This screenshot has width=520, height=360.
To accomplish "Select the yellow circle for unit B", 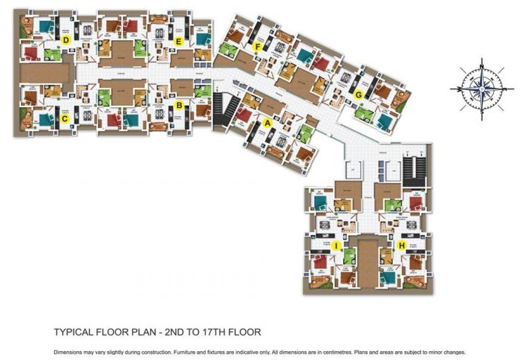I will pyautogui.click(x=179, y=106).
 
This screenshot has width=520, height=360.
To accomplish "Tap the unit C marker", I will pyautogui.click(x=65, y=118).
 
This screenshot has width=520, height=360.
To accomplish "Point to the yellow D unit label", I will pyautogui.click(x=65, y=39).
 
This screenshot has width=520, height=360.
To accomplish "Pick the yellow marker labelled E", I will pyautogui.click(x=179, y=42).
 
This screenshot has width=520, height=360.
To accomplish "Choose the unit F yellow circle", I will pyautogui.click(x=257, y=47).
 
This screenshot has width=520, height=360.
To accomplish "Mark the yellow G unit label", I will pyautogui.click(x=358, y=94).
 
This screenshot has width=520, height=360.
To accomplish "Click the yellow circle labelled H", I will pyautogui.click(x=402, y=245).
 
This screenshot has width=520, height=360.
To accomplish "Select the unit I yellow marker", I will pyautogui.click(x=336, y=245).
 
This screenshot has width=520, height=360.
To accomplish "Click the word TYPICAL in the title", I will pyautogui.click(x=75, y=332).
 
